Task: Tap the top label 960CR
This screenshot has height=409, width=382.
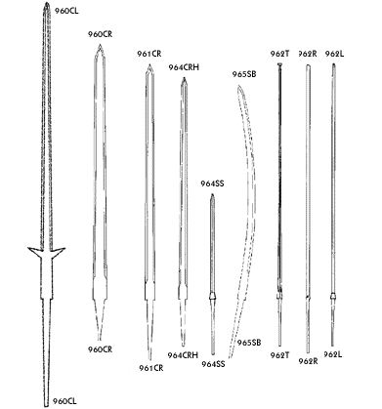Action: tap(101, 33)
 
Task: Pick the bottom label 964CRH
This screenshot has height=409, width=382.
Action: tap(184, 355)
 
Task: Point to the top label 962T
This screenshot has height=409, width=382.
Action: tap(279, 53)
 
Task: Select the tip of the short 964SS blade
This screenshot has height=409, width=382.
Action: tap(213, 195)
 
